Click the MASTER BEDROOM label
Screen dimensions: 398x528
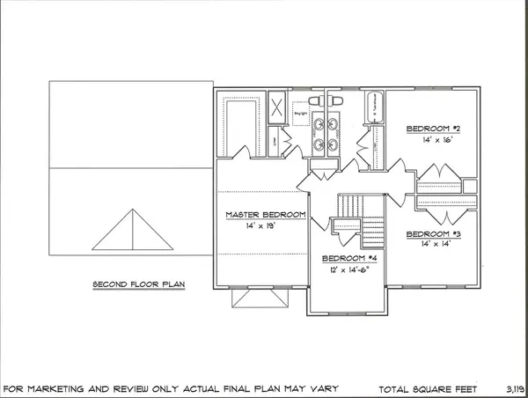[x=265, y=215]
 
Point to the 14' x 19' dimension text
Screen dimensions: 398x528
[x=265, y=225]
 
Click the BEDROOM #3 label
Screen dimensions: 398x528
[x=434, y=234]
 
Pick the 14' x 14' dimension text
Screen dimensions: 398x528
[x=434, y=244]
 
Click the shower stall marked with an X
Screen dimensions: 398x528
[x=276, y=110]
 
